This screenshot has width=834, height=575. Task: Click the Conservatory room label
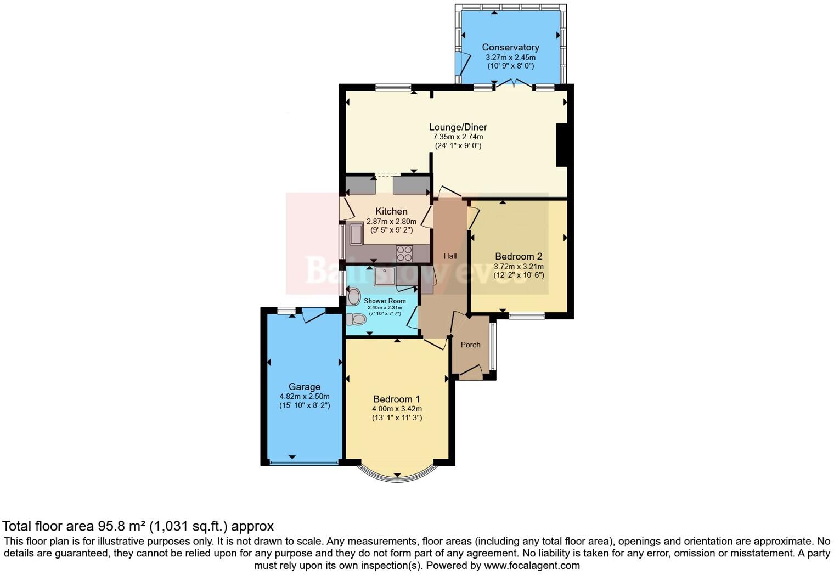(x=510, y=47)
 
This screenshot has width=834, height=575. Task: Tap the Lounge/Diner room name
(x=458, y=127)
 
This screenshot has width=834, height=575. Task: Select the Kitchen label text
(x=391, y=211)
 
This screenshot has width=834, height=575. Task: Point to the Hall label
(x=450, y=256)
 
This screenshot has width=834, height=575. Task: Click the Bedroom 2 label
(x=519, y=256)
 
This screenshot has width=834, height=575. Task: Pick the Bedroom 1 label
(x=397, y=399)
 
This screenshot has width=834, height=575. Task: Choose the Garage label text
(x=304, y=387)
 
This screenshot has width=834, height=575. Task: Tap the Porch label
(x=470, y=345)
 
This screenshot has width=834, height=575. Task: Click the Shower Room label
(x=385, y=301)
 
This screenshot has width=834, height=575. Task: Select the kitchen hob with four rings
(x=404, y=253)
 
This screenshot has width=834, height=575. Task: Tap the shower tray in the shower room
(x=385, y=277)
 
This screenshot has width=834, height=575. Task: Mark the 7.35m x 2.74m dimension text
(x=458, y=137)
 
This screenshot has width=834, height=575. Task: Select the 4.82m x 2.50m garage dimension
(x=304, y=397)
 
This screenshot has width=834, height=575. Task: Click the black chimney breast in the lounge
(x=562, y=145)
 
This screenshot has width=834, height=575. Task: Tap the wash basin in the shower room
(x=353, y=297)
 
